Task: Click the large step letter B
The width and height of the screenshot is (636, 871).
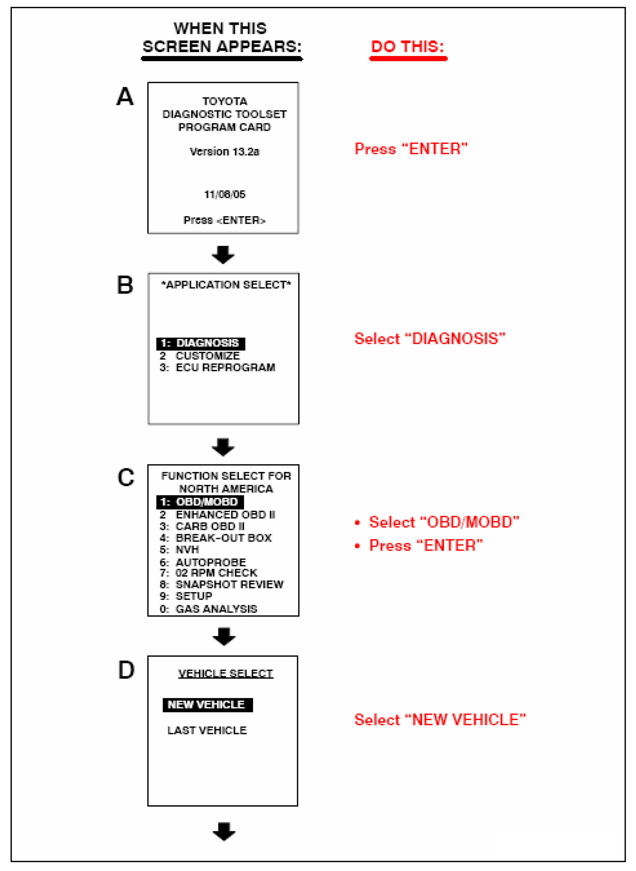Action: tap(125, 286)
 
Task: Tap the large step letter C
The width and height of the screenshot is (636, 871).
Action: tap(126, 477)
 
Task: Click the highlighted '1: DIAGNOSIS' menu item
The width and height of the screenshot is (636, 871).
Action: tap(201, 343)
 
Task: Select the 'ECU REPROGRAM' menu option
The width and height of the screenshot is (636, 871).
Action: tap(218, 367)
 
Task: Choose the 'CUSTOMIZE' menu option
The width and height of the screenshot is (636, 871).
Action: tap(200, 356)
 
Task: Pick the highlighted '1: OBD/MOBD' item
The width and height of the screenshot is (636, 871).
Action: tap(200, 502)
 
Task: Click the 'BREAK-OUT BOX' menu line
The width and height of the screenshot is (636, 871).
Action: tap(216, 538)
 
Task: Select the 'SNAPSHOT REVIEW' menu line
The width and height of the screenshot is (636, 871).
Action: tap(221, 584)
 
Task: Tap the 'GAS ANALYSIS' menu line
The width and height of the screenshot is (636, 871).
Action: tap(208, 609)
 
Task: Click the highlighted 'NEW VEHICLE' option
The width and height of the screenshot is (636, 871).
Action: tap(207, 705)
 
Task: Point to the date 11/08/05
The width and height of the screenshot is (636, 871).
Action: tap(224, 194)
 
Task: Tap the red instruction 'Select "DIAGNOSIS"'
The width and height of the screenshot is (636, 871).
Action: tap(429, 339)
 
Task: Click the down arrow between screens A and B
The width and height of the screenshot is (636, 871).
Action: tap(223, 255)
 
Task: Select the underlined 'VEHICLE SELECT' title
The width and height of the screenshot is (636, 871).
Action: tap(226, 673)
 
